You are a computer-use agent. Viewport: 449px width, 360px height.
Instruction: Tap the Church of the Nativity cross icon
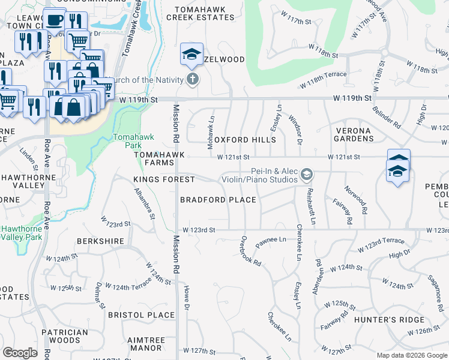point(193,79)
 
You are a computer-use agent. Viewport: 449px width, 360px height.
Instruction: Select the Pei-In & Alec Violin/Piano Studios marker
point(307,174)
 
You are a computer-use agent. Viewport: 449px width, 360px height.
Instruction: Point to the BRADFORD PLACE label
point(218,200)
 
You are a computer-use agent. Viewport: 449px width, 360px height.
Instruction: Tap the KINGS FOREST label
point(164,179)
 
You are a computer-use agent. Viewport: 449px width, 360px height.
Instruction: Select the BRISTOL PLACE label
point(141,315)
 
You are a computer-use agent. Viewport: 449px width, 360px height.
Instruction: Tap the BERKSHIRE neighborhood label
point(100,241)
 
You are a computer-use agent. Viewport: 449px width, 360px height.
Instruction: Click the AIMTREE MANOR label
point(146,344)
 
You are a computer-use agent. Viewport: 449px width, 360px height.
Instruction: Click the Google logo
point(20,353)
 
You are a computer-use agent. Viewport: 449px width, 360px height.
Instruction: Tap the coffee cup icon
point(55,19)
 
